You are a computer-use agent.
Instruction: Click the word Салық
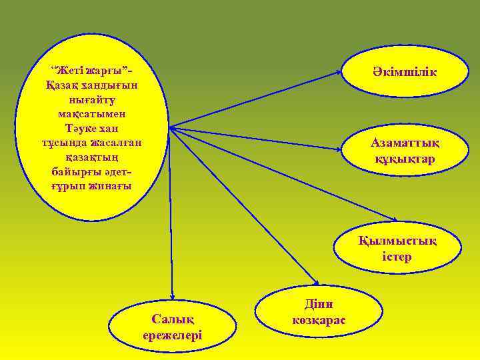(172, 320)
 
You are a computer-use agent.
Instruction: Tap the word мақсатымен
(92, 113)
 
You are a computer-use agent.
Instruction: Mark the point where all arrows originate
(170, 127)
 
